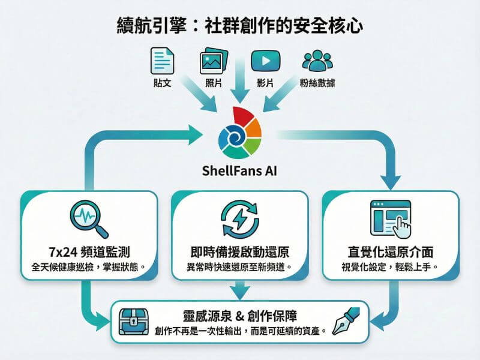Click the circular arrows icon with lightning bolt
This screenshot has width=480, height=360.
[x=239, y=219]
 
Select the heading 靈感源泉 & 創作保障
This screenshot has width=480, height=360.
[x=240, y=314]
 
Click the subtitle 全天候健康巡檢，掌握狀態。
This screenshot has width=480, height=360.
[x=89, y=266]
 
